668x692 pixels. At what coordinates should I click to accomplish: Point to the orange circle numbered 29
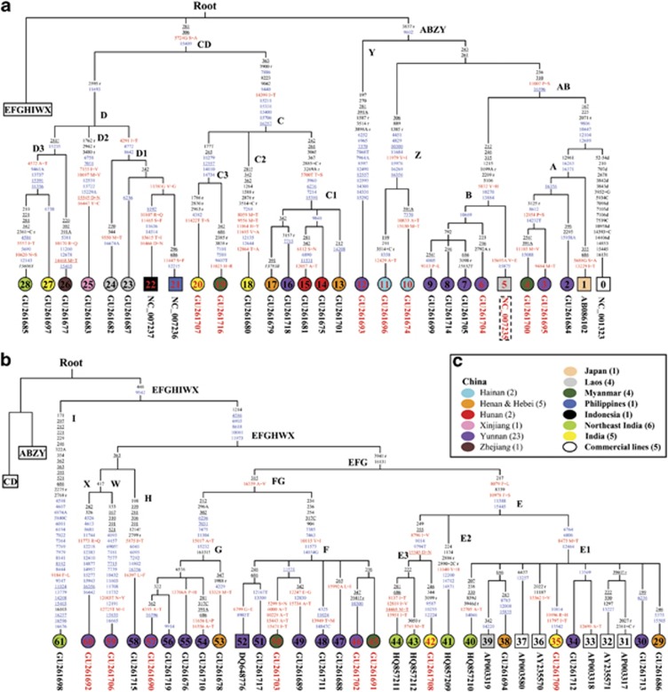coord(656,641)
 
